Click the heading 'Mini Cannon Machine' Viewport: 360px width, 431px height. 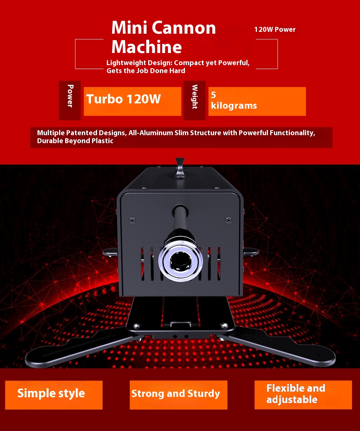(x=163, y=37)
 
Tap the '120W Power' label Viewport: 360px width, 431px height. (x=275, y=30)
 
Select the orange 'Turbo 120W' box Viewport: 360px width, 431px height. (x=132, y=101)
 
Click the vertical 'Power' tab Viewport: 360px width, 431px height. (x=70, y=100)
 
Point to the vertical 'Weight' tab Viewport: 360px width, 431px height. (x=194, y=100)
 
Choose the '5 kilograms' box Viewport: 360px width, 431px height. (x=257, y=101)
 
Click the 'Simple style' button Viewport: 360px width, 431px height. (x=54, y=395)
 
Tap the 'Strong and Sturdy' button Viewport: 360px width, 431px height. (x=178, y=395)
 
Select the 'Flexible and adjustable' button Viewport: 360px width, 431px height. (x=303, y=395)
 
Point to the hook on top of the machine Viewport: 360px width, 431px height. (x=180, y=168)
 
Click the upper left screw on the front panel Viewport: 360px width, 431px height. (x=132, y=220)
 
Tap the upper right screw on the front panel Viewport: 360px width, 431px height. (x=228, y=220)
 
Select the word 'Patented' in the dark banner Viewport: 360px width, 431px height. (x=82, y=133)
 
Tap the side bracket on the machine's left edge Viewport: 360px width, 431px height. (x=111, y=252)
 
